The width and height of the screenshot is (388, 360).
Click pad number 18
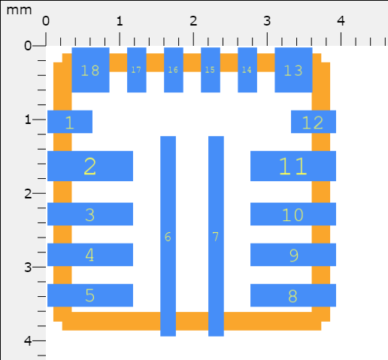point(90,70)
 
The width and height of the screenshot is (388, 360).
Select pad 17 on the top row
point(137,70)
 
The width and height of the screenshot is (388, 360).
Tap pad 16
point(174,70)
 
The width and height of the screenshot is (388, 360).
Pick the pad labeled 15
point(211,70)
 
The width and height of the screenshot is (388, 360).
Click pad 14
point(247,70)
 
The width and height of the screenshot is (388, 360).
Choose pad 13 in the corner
point(293,70)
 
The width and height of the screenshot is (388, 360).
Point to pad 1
point(70,122)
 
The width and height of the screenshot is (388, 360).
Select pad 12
point(314,122)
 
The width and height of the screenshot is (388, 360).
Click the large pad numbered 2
point(90,166)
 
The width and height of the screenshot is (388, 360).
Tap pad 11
point(293,166)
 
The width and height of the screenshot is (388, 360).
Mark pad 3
point(90,214)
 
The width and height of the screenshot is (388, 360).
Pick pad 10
point(293,214)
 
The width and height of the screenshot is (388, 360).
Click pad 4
point(90,255)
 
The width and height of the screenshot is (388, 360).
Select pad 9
point(293,255)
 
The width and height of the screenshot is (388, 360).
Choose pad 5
point(90,295)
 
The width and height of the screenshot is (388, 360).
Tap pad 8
point(293,295)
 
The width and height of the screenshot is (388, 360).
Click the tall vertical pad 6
point(168,236)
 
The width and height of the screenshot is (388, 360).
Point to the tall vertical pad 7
point(216,236)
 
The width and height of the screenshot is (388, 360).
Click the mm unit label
point(19,11)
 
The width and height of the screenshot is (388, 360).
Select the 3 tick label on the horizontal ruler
point(267,21)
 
